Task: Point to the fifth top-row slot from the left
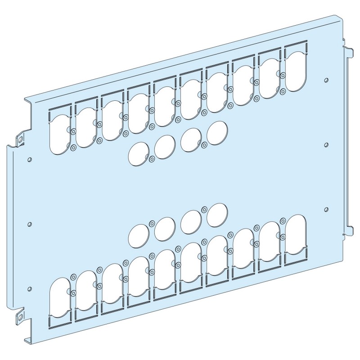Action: point(164,104)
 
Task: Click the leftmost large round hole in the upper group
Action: point(137,153)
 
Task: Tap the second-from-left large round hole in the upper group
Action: point(165,146)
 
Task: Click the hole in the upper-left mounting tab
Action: point(20,139)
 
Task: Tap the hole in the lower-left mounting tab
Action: point(20,316)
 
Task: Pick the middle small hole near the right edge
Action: point(326,145)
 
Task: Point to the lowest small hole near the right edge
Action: point(326,209)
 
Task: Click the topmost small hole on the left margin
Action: point(29,159)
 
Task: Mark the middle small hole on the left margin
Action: point(29,224)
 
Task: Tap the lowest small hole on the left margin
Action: point(29,288)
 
